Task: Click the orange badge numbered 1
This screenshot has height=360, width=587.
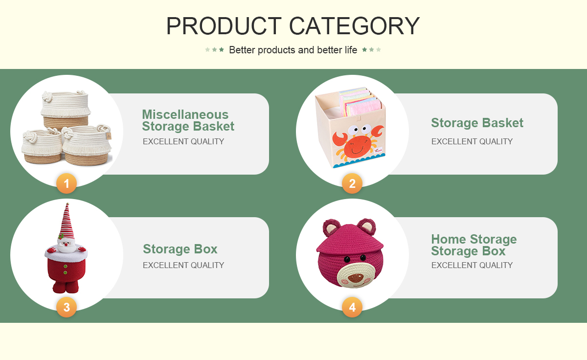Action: coord(67,183)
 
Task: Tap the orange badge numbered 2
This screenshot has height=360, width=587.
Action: coord(352,183)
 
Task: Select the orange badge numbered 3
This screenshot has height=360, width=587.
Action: coord(67,307)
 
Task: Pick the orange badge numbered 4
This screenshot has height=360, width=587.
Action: coord(352,307)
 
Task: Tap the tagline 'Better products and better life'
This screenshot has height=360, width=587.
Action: coord(293,50)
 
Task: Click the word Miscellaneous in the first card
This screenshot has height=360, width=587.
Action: coord(185,114)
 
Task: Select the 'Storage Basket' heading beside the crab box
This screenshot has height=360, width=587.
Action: coord(477,123)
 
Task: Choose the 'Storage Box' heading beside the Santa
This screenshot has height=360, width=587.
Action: coord(180,249)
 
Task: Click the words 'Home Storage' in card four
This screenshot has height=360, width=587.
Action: coord(474,239)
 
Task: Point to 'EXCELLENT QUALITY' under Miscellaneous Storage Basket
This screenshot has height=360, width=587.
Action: coord(183,141)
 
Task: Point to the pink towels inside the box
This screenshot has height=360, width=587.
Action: coord(361,103)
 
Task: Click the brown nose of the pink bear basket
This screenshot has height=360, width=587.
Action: coord(356,277)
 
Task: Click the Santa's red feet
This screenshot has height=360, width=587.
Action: coord(66,287)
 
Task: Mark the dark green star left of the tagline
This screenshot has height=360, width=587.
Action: coord(222,49)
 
